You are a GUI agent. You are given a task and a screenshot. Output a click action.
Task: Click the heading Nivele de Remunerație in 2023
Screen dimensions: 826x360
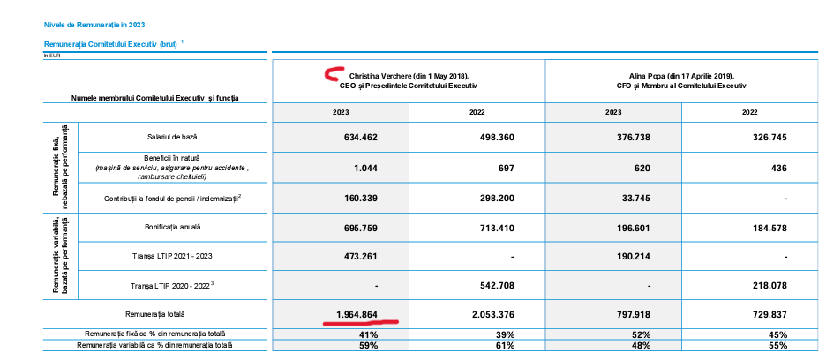[x=94, y=25]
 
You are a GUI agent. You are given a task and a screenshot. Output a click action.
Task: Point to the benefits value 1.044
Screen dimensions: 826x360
[x=365, y=169]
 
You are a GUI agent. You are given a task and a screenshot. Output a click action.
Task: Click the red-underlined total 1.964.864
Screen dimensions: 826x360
[x=357, y=315]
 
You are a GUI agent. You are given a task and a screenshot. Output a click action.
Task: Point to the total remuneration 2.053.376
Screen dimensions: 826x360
[x=493, y=315]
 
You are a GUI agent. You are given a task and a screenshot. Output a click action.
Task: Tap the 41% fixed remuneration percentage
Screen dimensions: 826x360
[x=368, y=334]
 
